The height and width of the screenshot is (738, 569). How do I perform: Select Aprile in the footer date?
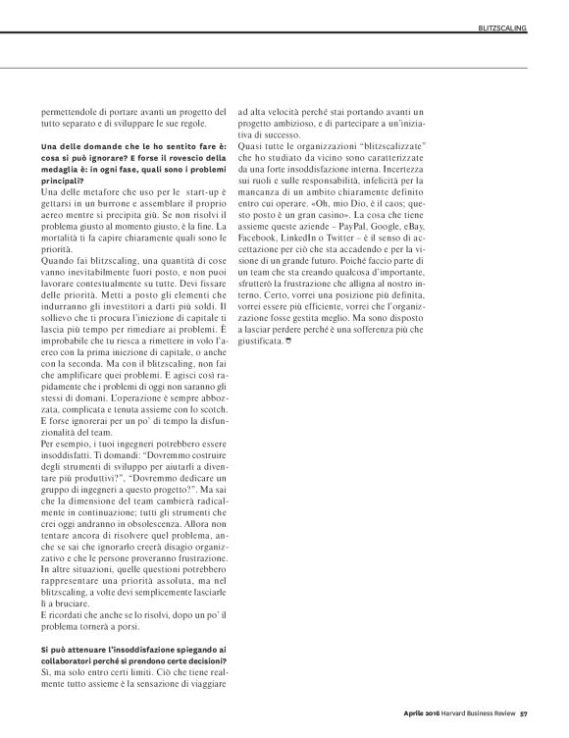coord(401,713)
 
